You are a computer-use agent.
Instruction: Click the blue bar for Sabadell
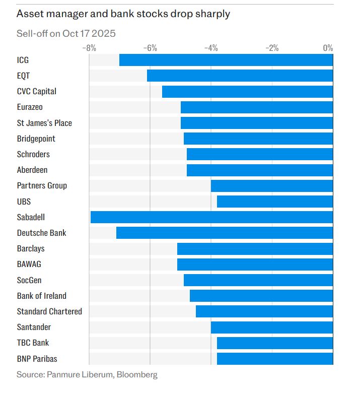(211, 217)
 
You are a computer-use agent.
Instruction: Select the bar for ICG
(226, 60)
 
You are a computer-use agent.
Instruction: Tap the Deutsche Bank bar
(225, 233)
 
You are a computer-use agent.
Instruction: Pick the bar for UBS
(275, 202)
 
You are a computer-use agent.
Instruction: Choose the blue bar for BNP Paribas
(275, 359)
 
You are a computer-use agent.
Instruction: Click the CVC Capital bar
(247, 92)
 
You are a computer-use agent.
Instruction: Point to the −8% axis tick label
(89, 48)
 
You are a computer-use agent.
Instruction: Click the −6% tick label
(150, 48)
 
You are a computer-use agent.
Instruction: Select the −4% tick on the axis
(211, 48)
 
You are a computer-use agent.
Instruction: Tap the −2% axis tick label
(272, 48)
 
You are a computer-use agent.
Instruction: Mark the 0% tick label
(328, 48)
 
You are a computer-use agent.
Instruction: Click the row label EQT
(24, 76)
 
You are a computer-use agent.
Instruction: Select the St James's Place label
(44, 123)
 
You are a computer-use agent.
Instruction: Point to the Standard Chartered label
(49, 311)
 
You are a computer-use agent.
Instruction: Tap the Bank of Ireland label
(42, 296)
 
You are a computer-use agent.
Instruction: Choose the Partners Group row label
(42, 185)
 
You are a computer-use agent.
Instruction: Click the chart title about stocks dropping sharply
(123, 14)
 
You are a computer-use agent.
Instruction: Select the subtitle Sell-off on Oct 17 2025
(66, 34)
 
